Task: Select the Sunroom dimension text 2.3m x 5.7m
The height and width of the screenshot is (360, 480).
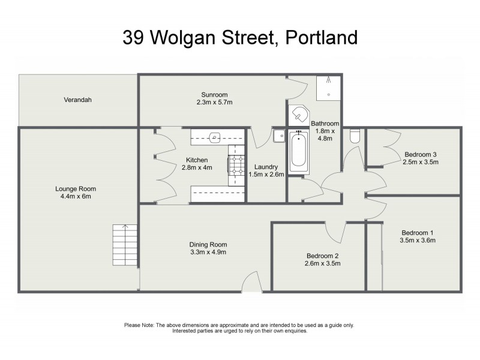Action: (x=214, y=103)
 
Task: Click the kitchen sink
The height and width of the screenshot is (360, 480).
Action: (x=215, y=137)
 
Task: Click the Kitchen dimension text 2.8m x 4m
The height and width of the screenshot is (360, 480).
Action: (x=196, y=167)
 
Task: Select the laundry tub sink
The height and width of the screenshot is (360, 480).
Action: (x=279, y=136)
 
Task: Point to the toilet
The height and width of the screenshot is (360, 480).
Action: (x=355, y=136)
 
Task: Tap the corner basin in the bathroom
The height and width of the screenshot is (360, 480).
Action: (x=299, y=115)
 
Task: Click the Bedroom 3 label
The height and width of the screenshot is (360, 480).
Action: (x=420, y=154)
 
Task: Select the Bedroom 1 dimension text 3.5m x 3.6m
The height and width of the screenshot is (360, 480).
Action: (x=417, y=240)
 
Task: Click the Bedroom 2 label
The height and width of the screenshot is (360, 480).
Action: (x=322, y=256)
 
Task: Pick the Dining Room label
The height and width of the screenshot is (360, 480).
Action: (x=208, y=244)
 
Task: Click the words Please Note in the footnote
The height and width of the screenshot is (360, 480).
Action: (x=139, y=325)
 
